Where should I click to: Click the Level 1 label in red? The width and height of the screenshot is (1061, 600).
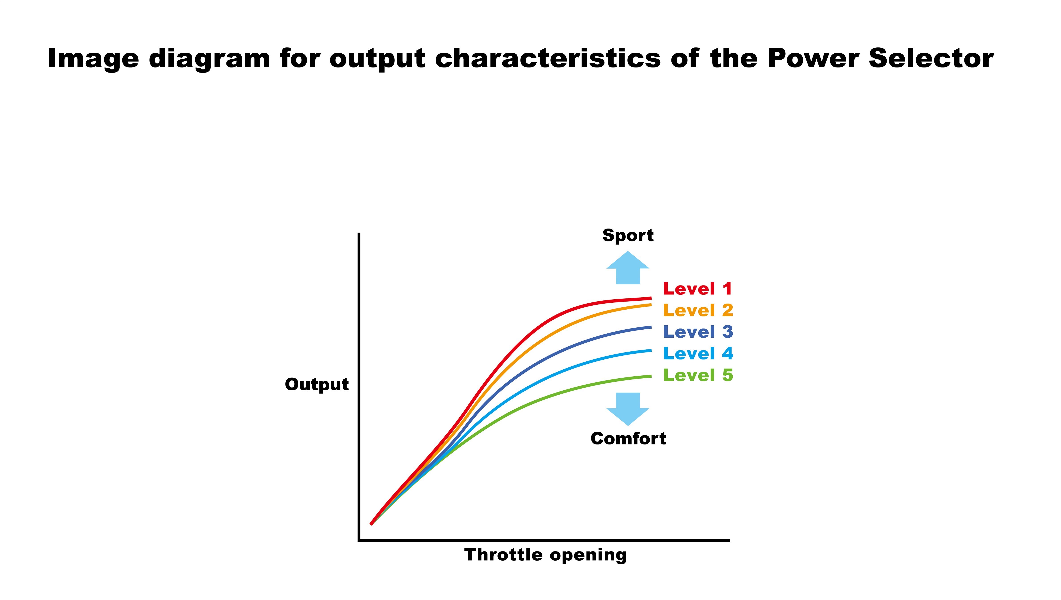(697, 288)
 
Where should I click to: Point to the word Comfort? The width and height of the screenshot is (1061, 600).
(628, 438)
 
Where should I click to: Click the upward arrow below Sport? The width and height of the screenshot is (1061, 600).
(628, 268)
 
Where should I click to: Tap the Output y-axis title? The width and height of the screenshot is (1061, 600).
(317, 385)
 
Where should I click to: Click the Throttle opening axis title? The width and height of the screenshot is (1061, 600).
(545, 555)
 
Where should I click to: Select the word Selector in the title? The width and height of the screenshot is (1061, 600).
(931, 59)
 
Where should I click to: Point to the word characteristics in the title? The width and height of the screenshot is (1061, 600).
(548, 59)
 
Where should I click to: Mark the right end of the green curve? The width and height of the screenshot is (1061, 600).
(651, 376)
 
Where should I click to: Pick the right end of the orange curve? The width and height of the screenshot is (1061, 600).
(651, 304)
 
